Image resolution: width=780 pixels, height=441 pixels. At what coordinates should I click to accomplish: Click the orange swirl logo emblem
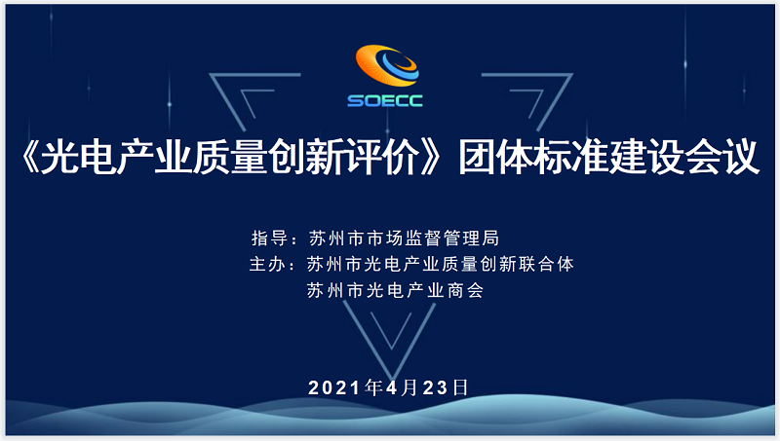point(387,65)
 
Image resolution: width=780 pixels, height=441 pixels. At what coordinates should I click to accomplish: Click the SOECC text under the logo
point(385,101)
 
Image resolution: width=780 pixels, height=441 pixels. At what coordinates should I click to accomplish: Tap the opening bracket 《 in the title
point(30,158)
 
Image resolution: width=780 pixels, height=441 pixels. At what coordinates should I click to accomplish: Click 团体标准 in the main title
point(533,158)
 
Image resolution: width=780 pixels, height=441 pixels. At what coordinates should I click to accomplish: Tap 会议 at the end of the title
point(721,158)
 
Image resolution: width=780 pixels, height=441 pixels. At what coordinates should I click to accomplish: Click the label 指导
point(270,238)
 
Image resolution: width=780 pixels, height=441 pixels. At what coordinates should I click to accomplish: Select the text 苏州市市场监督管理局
point(404,238)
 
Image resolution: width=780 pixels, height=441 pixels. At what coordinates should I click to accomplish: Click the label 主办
point(267,264)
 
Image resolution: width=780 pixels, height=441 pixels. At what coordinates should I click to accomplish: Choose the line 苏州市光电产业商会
point(396,290)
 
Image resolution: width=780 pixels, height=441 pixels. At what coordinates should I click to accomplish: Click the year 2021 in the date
point(334,387)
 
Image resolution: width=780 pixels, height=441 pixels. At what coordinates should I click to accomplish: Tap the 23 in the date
point(435,387)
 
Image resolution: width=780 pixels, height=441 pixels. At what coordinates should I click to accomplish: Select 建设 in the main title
point(646,158)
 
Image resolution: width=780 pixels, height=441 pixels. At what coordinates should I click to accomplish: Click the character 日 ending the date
point(460,387)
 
